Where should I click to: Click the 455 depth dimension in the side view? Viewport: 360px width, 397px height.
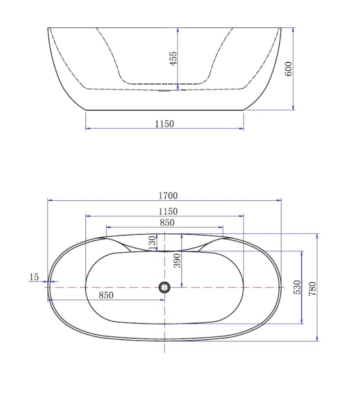click(x=173, y=58)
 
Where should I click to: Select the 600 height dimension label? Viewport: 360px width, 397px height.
click(x=288, y=68)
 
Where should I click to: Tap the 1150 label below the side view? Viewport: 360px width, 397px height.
click(x=165, y=124)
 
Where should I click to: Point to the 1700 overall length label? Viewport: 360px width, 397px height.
click(x=168, y=196)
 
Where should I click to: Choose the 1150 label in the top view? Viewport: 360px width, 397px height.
click(x=168, y=211)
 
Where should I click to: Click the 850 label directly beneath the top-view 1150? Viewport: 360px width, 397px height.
click(x=167, y=223)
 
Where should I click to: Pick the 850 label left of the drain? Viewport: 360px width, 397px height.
click(x=106, y=295)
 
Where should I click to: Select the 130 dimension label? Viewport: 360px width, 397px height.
click(x=153, y=242)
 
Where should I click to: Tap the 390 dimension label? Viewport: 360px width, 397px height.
click(x=177, y=260)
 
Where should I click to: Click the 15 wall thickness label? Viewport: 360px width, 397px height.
click(x=34, y=277)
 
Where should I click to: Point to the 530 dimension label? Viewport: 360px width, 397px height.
click(x=297, y=287)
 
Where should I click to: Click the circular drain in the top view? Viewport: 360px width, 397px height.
click(x=165, y=287)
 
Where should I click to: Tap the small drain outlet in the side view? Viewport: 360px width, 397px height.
click(x=164, y=91)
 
